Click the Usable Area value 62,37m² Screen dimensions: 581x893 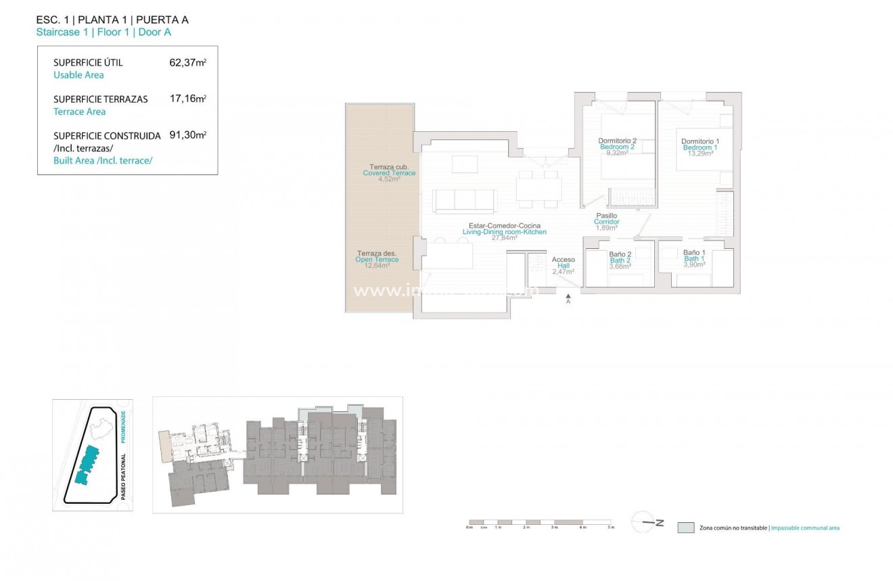[x=187, y=63]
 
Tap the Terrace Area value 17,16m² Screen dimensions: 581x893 [x=187, y=99]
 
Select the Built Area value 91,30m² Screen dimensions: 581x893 [x=187, y=135]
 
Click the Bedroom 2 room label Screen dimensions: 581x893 [x=616, y=147]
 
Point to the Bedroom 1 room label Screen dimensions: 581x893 [x=700, y=147]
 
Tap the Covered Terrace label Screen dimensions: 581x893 [x=389, y=173]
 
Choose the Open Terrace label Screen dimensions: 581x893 [x=377, y=260]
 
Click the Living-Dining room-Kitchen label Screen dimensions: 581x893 [x=504, y=232]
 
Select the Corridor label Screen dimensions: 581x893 [x=606, y=222]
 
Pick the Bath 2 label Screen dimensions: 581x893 [x=620, y=260]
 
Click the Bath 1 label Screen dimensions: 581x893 [x=694, y=258]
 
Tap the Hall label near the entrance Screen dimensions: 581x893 [x=563, y=266]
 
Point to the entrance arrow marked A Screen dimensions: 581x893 [x=568, y=298]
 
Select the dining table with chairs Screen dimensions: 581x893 [x=538, y=189]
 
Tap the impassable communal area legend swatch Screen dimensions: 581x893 [x=685, y=528]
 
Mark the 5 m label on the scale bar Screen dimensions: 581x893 [x=612, y=527]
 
